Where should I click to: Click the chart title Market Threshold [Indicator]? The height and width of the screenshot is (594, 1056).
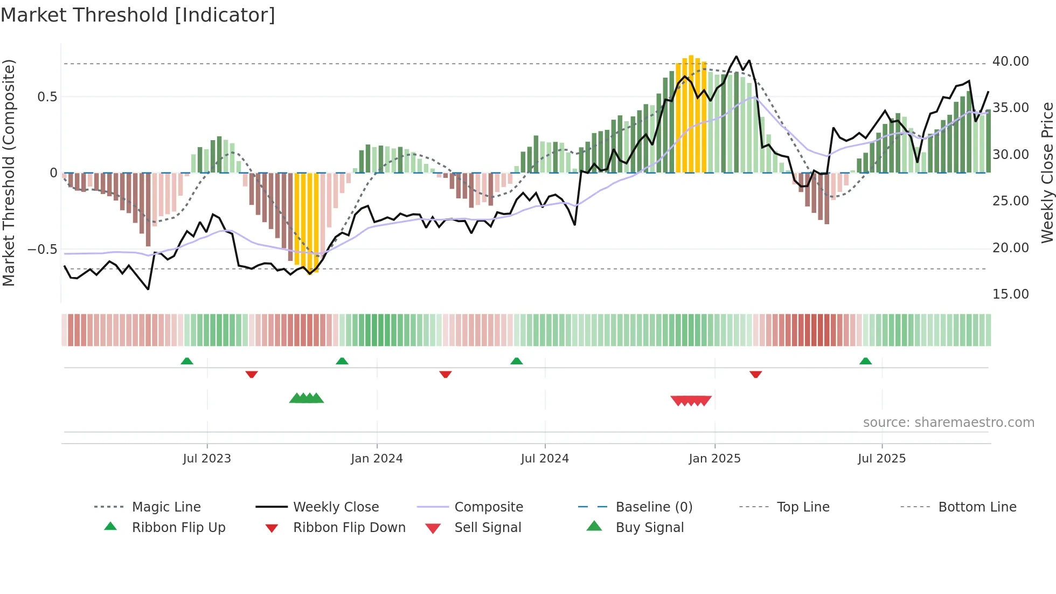138,15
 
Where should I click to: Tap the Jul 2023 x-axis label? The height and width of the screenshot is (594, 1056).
206,459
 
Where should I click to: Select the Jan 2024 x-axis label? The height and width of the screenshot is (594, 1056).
377,459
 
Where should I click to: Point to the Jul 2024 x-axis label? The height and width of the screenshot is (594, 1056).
545,459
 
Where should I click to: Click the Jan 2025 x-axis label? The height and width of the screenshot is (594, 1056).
714,459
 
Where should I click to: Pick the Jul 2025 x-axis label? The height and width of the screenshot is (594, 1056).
881,459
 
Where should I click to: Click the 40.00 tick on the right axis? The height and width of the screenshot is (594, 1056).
1010,61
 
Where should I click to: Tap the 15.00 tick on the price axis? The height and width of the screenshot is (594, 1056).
1010,294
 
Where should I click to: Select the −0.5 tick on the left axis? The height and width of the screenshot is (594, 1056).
42,250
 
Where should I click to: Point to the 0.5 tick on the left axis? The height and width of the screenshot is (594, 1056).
47,97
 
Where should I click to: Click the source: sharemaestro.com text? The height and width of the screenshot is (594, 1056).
948,423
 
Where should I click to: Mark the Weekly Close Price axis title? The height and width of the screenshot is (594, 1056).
1047,172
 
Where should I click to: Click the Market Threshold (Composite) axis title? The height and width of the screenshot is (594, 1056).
9,172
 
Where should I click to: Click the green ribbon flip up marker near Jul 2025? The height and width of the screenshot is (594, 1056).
865,361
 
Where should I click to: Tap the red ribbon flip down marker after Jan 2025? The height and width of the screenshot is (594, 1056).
755,374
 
